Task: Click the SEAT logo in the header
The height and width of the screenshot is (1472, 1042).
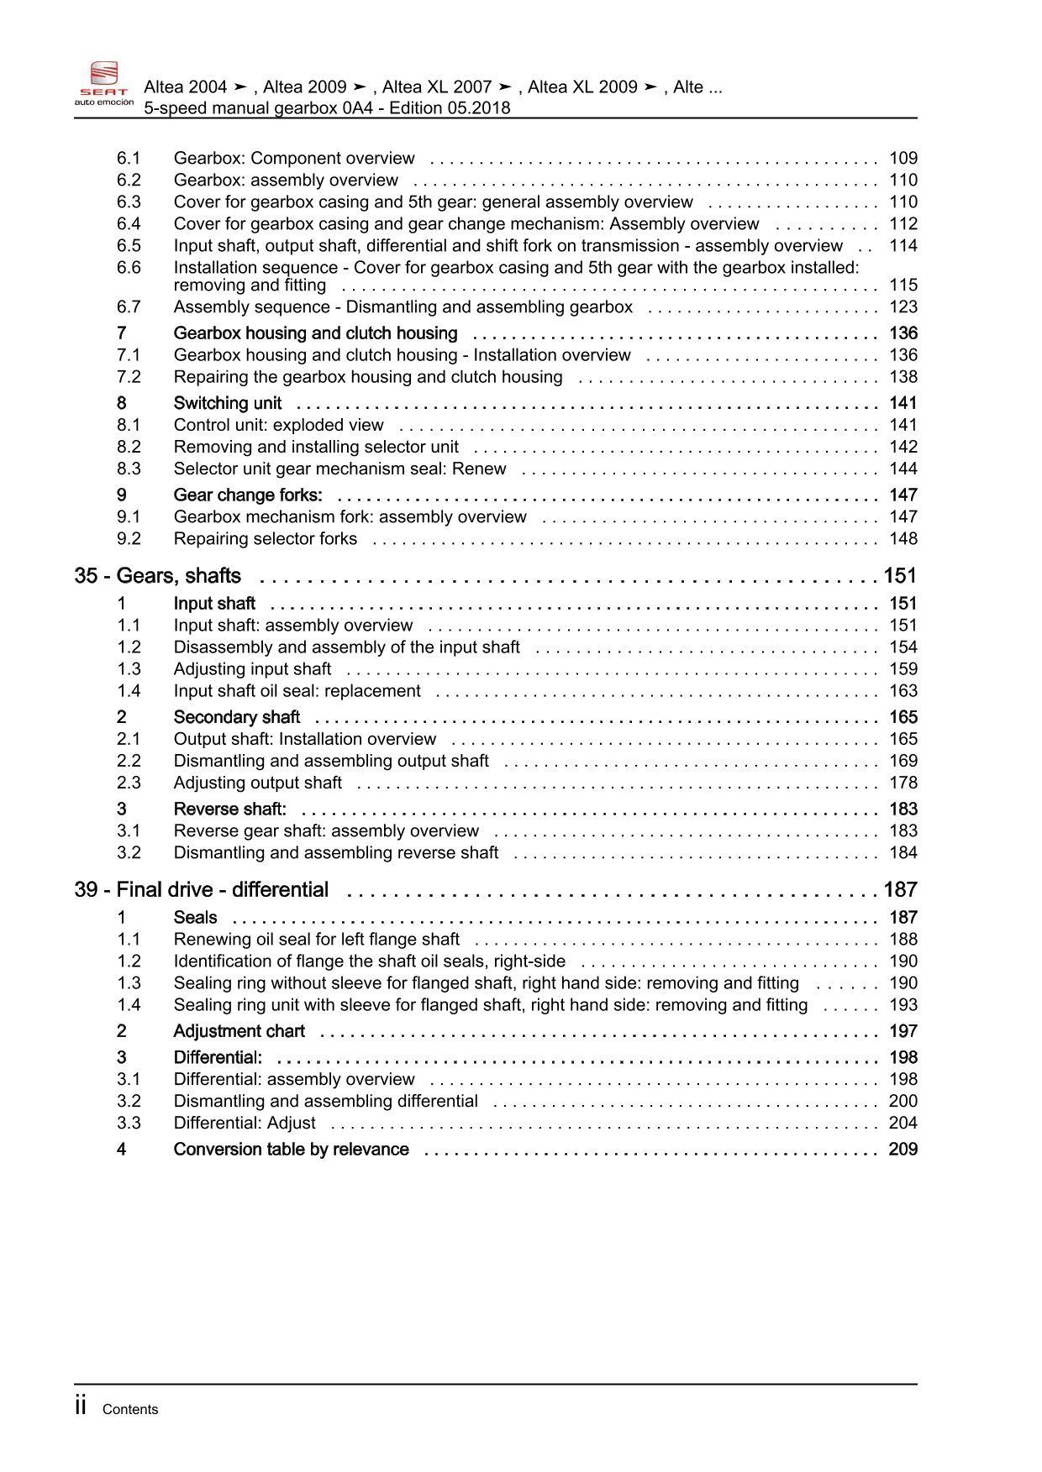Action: pos(103,83)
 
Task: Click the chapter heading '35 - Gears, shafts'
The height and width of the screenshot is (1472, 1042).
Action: pos(158,576)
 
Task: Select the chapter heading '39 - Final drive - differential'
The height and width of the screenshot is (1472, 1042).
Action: pos(202,890)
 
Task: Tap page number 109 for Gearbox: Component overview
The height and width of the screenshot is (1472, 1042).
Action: pos(903,158)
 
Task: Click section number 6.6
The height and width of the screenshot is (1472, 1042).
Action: pos(129,267)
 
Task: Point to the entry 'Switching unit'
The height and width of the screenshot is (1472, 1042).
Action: pos(228,403)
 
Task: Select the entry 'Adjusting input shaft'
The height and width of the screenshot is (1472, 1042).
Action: pos(252,669)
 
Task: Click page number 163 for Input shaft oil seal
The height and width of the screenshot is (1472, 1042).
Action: pos(903,691)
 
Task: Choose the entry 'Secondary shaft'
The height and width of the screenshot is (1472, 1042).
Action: pos(237,717)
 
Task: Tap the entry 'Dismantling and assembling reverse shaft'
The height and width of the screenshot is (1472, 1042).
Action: pos(336,852)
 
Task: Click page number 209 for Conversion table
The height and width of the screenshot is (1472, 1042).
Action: pos(903,1150)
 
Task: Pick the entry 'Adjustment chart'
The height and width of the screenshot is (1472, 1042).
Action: pos(239,1031)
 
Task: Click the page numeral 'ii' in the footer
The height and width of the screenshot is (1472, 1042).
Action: pos(82,1407)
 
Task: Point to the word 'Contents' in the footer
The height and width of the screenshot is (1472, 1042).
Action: pos(130,1410)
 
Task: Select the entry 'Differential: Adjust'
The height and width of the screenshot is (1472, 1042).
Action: pos(245,1124)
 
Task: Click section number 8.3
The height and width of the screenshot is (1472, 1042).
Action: pos(129,469)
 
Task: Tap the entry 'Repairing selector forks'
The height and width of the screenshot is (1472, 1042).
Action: pos(266,539)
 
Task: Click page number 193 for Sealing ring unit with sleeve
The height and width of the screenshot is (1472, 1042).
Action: pos(903,1005)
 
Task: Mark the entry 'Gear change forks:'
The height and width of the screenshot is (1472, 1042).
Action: pos(248,495)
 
